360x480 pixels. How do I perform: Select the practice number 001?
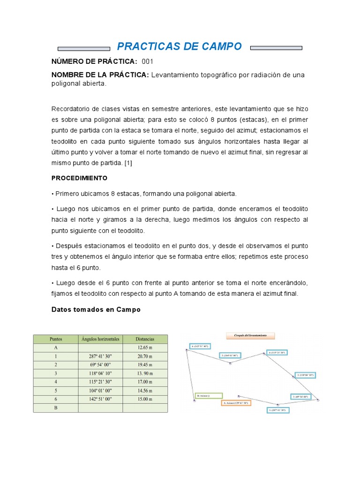pyautogui.click(x=147, y=61)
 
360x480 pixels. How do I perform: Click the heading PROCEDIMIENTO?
pyautogui.click(x=79, y=178)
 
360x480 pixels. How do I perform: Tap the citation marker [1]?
pyautogui.click(x=129, y=163)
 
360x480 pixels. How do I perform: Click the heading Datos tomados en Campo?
pyautogui.click(x=96, y=310)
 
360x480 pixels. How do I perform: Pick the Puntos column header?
pyautogui.click(x=56, y=339)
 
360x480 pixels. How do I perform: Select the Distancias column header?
pyautogui.click(x=145, y=339)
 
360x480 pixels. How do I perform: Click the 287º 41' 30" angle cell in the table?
pyautogui.click(x=100, y=356)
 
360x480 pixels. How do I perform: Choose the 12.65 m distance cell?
pyautogui.click(x=145, y=348)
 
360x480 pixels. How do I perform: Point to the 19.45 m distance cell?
pyautogui.click(x=145, y=365)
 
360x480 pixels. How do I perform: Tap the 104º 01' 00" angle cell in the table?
pyautogui.click(x=100, y=390)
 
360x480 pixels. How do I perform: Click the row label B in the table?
pyautogui.click(x=56, y=408)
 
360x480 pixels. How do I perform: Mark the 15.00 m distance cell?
pyautogui.click(x=145, y=399)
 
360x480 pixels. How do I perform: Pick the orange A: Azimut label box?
pyautogui.click(x=235, y=403)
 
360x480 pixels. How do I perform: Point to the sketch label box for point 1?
pyautogui.click(x=278, y=410)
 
